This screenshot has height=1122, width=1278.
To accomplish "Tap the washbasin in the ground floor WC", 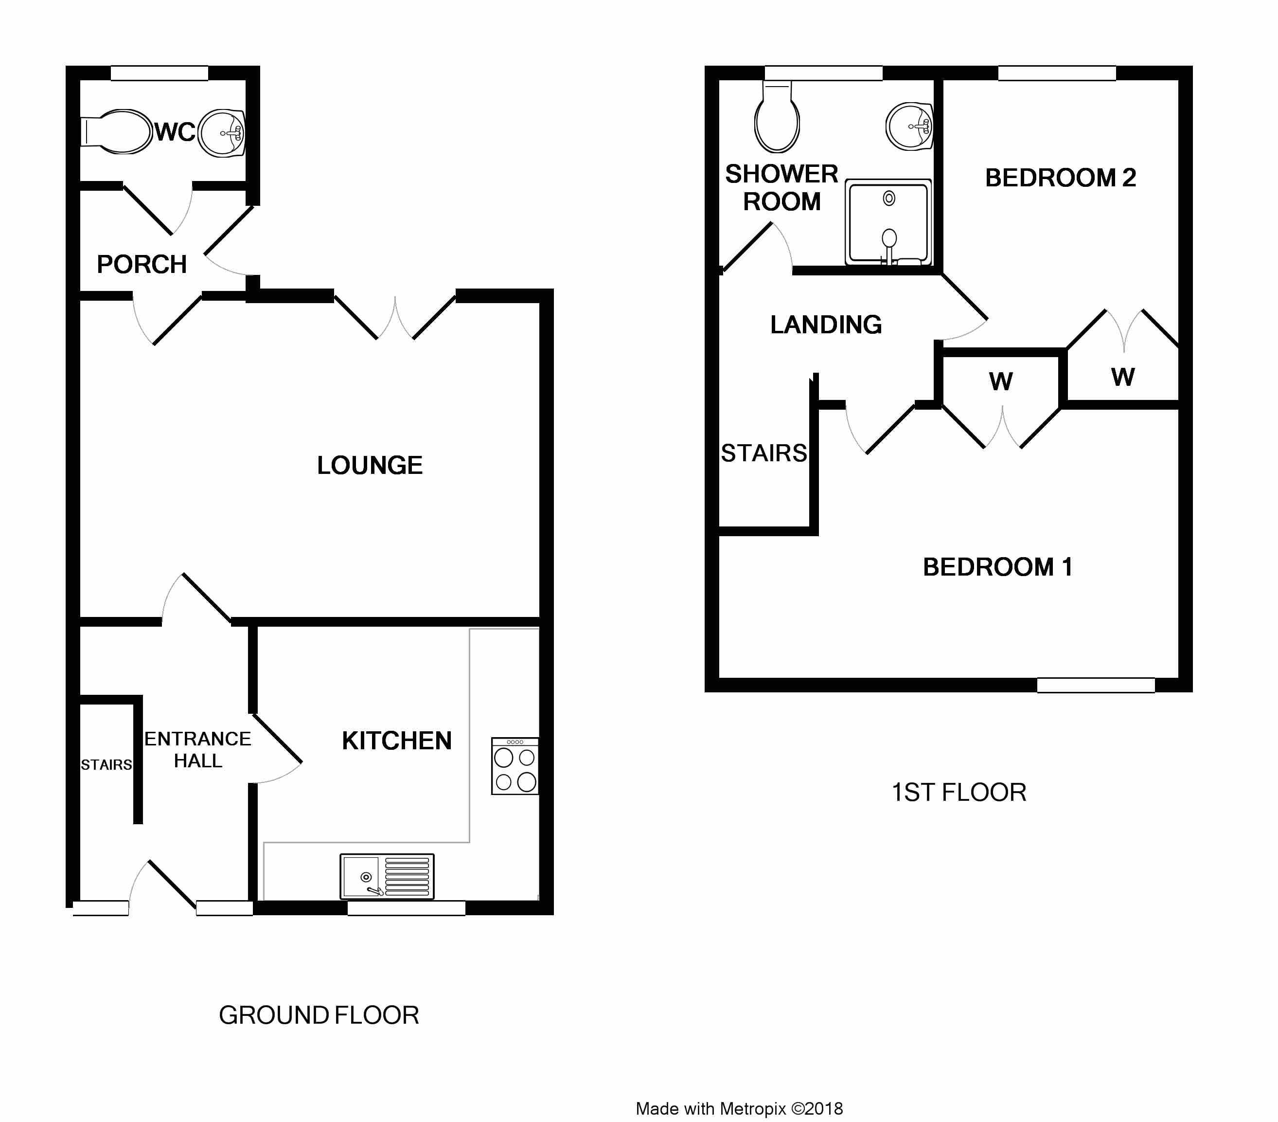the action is click(x=221, y=133).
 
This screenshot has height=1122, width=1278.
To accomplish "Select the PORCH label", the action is click(x=142, y=265).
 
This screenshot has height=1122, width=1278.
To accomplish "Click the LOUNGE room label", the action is click(x=370, y=465).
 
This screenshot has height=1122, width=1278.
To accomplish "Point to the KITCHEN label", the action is click(x=396, y=741).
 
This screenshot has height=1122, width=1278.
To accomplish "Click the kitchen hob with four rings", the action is click(x=515, y=766).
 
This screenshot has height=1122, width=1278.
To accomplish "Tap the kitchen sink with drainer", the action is click(x=387, y=877).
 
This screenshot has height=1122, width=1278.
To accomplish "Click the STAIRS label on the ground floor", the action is click(x=106, y=765).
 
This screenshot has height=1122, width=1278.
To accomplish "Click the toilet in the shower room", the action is click(x=777, y=118).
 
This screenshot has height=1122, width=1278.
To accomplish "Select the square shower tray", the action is click(x=888, y=223).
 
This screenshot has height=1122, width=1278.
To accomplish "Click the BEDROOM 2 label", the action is click(x=1061, y=178).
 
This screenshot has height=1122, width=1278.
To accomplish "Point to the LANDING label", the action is click(x=826, y=325).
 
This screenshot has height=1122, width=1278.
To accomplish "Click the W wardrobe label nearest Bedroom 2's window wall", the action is click(x=1123, y=377).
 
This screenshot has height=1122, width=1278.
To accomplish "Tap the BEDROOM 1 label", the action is click(x=998, y=567).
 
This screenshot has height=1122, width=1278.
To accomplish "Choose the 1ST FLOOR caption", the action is click(x=959, y=793).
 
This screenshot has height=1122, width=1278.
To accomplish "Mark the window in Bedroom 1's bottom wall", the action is click(x=1096, y=686).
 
